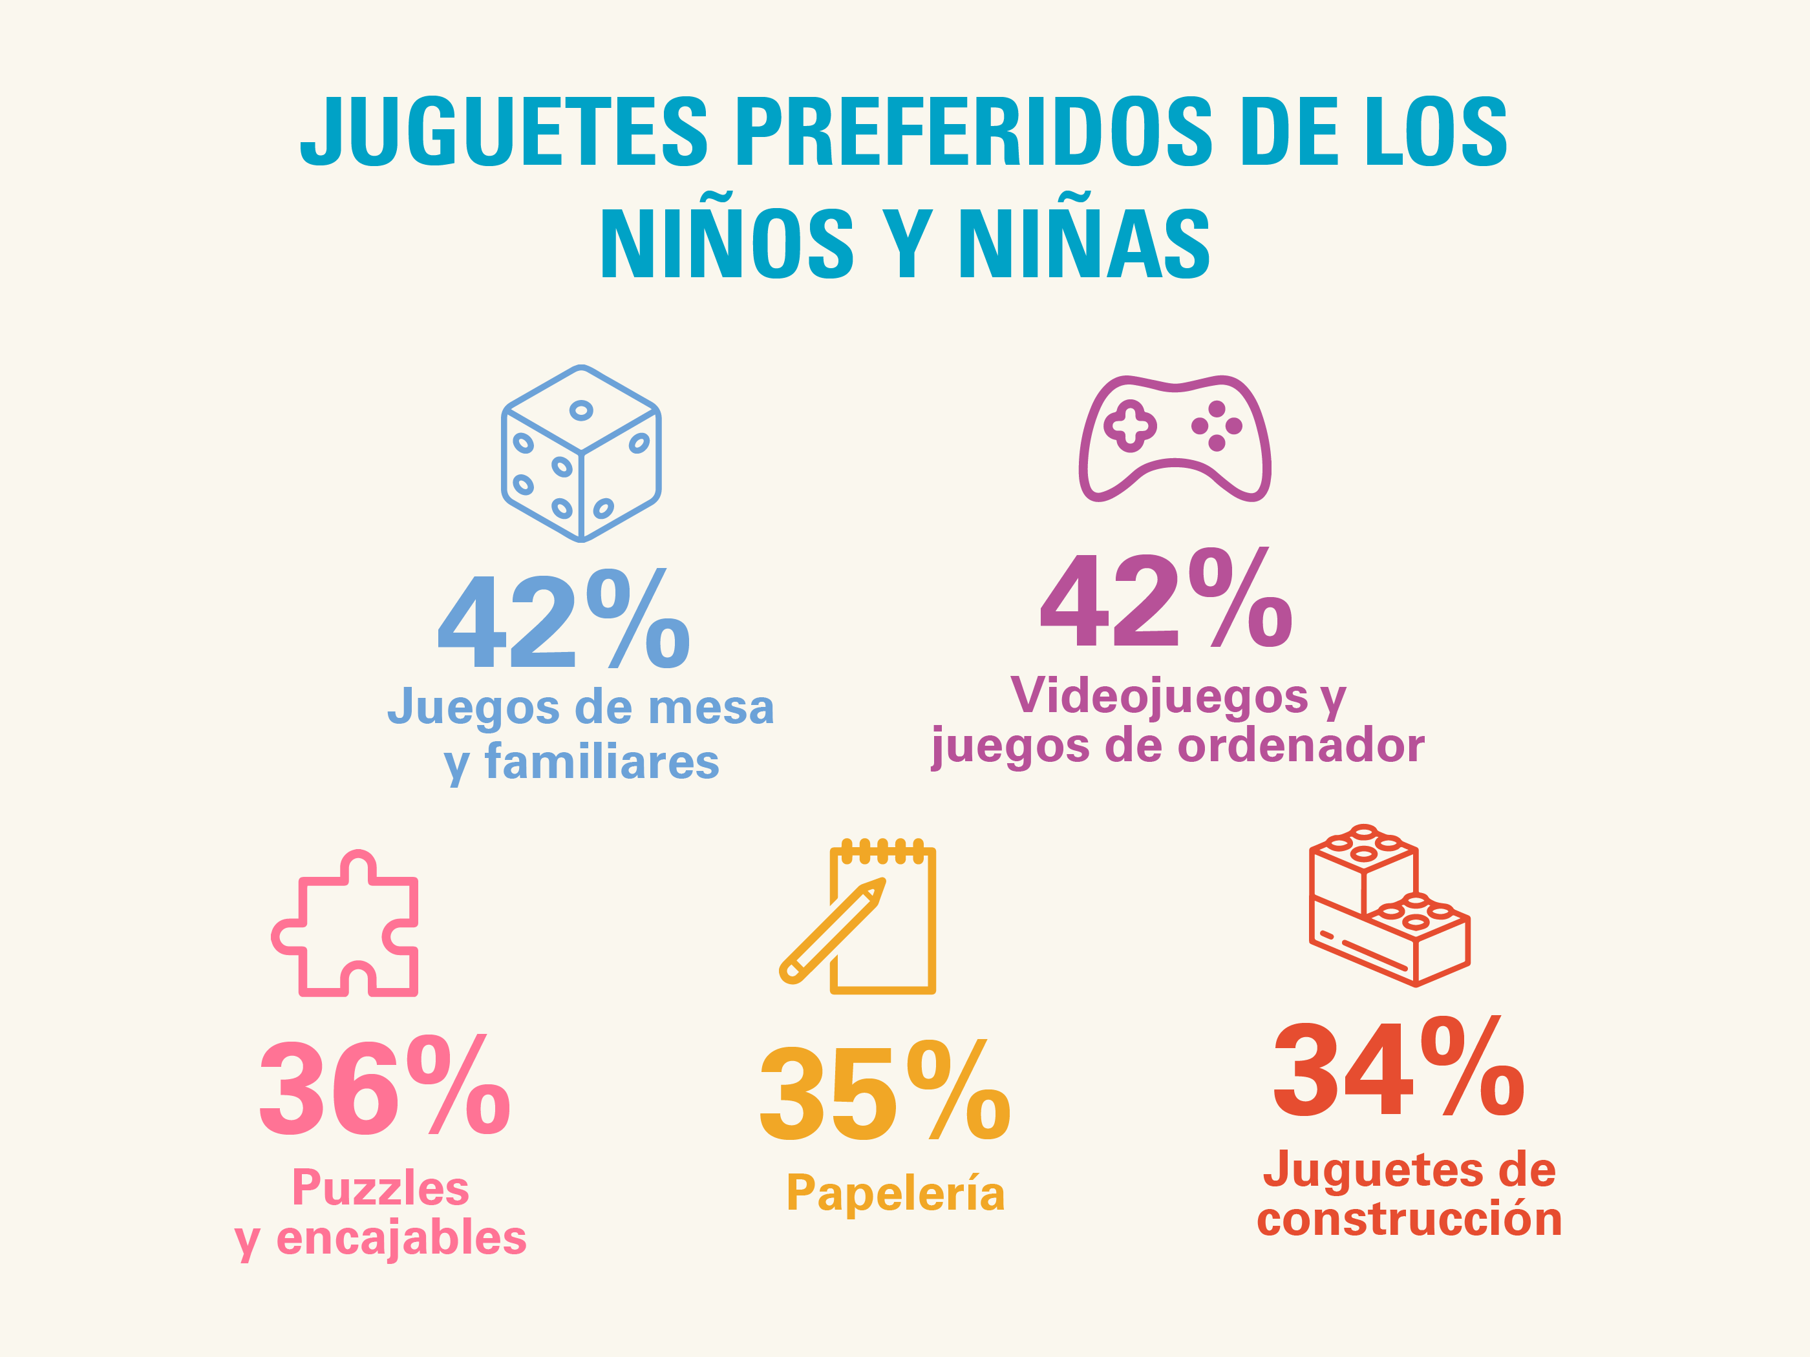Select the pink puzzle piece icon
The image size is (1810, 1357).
pos(346,924)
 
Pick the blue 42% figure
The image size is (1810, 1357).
pos(564,620)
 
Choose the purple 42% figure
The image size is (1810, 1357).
pos(1166,599)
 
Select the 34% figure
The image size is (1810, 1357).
pos(1398,1068)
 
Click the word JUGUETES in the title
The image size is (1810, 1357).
pos(503,131)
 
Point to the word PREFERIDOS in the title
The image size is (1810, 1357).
pos(974,131)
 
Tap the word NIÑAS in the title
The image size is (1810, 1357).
pos(1084,243)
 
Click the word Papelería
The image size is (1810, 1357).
pos(895,1194)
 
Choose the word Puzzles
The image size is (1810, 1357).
pos(381,1188)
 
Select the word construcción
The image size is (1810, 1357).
pos(1409,1219)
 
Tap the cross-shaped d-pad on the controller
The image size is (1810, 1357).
pos(1130,425)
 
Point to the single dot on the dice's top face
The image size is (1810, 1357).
pos(581,410)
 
